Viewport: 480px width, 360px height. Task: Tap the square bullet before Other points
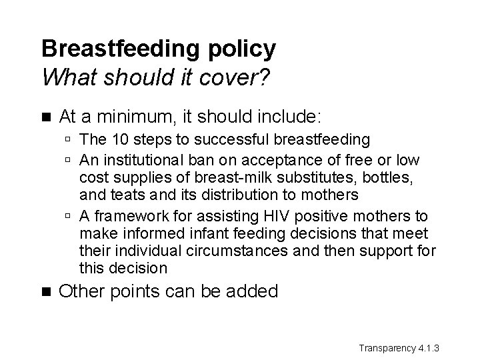tap(45, 291)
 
